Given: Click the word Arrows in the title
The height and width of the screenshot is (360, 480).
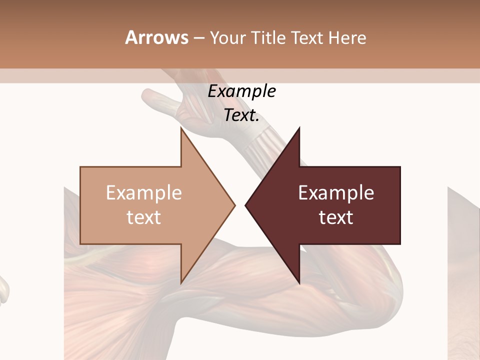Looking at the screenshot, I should coord(156,37).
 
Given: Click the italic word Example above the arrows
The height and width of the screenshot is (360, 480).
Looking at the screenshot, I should coord(242,91).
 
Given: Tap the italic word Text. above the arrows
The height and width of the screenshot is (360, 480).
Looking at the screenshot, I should coord(242,115).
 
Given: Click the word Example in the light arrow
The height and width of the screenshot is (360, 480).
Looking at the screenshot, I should coord(144,193).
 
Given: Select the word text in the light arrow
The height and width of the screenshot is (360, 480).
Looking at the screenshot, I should coord(144,217).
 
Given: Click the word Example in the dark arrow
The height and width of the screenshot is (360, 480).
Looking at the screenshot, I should coord(336,193).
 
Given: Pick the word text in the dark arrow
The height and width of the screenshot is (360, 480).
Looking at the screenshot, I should coord(336,217).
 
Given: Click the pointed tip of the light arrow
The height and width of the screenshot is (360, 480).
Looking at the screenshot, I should coord(234,205).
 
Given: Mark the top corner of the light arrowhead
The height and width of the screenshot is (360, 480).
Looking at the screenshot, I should coord(181,128).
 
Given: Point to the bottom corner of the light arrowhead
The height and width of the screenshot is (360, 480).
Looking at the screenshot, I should coord(181,283).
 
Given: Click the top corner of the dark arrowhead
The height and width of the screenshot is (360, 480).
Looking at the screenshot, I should coord(299,128).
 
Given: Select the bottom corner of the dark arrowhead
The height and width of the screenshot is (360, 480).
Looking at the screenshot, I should coord(299,283).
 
